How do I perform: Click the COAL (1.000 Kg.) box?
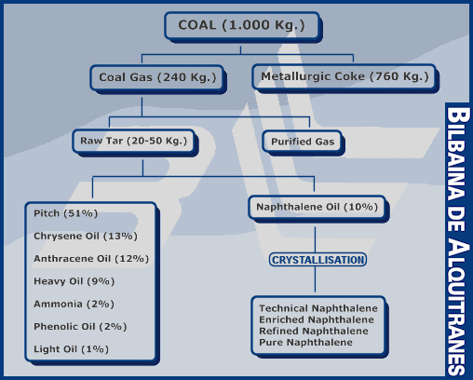click(x=242, y=26)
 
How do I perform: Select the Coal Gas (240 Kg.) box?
click(x=157, y=77)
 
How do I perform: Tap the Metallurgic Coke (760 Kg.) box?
click(x=345, y=77)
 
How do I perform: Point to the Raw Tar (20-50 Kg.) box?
click(x=134, y=142)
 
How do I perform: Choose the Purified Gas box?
click(x=303, y=142)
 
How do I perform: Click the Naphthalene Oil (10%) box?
click(x=317, y=207)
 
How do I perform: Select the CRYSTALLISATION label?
click(x=318, y=260)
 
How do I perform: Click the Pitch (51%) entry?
click(x=66, y=213)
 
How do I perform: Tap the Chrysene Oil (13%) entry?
click(x=86, y=237)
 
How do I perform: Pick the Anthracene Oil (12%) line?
click(x=91, y=259)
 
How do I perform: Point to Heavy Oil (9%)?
click(x=74, y=281)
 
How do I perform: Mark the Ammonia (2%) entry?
click(x=74, y=305)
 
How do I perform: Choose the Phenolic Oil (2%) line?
click(x=80, y=327)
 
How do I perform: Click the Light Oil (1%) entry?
click(x=72, y=349)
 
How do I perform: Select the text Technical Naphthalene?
click(x=318, y=308)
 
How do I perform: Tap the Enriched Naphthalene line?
click(x=317, y=319)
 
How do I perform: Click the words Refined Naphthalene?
click(x=314, y=331)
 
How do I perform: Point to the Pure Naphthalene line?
click(x=305, y=343)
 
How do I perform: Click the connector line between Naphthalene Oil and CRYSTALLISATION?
click(x=316, y=239)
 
